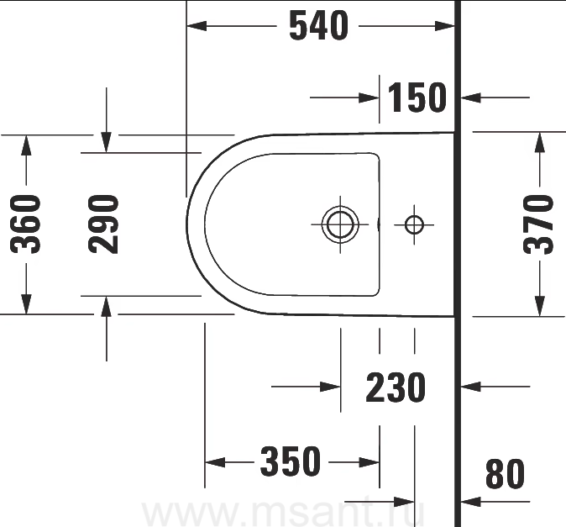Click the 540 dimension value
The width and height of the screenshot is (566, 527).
click(319, 25)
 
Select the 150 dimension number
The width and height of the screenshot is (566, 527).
click(417, 97)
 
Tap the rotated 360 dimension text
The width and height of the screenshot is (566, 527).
click(25, 224)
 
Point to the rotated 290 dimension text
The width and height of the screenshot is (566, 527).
click(103, 224)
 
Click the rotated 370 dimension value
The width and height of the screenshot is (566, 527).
click(538, 224)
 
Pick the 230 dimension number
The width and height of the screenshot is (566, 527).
click(396, 387)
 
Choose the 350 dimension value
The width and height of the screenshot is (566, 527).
click(291, 461)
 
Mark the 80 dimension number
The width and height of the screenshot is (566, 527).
click(505, 473)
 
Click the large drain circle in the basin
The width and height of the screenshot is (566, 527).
click(340, 224)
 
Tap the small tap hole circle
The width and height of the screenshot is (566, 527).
click(414, 224)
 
